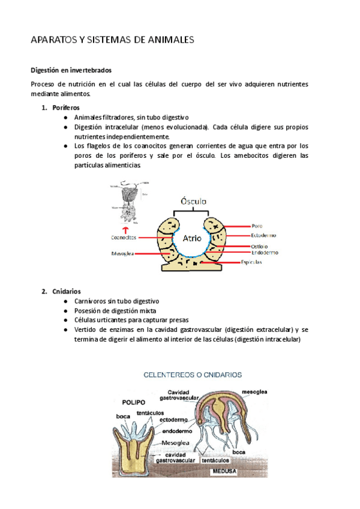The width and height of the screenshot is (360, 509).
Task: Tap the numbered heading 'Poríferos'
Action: click(62, 107)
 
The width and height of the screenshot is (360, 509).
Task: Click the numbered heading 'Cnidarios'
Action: click(62, 291)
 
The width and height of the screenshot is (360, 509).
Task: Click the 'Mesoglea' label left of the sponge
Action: click(122, 254)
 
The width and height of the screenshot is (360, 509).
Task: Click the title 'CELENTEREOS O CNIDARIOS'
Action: click(192, 375)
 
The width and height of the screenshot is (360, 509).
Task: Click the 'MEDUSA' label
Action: click(222, 471)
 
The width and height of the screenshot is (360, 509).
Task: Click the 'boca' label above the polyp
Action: click(124, 415)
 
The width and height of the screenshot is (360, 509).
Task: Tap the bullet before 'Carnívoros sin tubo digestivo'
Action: click(65, 301)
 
